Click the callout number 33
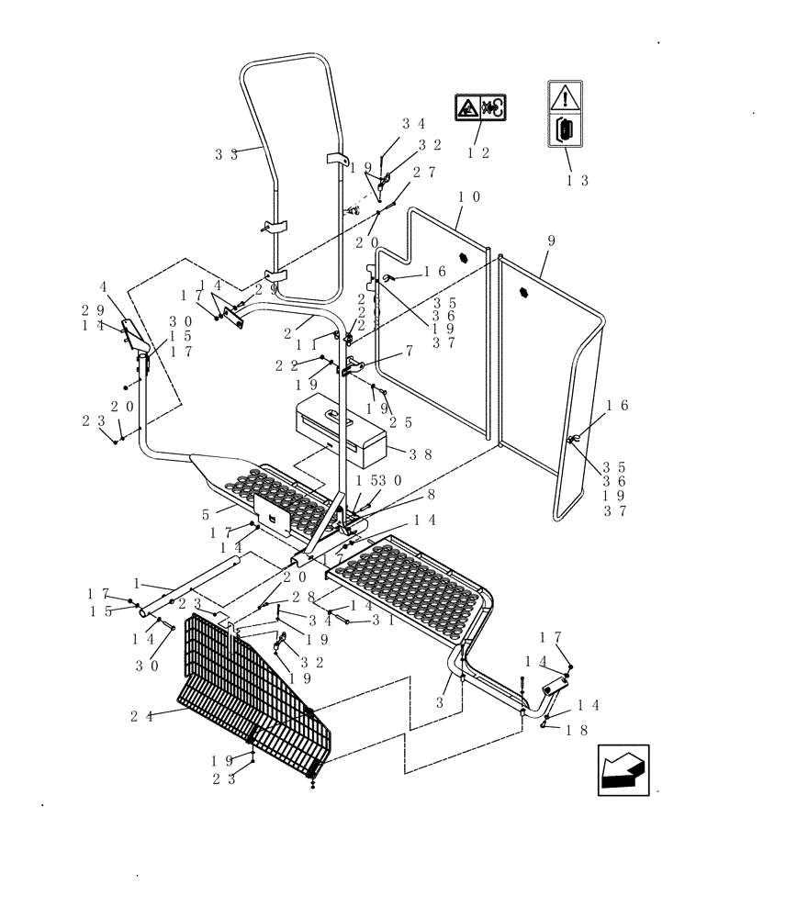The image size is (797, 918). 227,155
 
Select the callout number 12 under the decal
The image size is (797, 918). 478,153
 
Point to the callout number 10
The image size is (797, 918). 469,196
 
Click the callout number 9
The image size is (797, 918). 550,241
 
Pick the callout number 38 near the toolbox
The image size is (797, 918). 421,453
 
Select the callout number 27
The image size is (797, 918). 423,172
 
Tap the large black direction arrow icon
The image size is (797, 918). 623,767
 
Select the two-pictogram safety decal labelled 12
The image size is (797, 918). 479,108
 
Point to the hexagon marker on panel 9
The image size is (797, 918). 524,293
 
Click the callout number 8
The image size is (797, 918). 405,494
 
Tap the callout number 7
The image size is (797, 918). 410,351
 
